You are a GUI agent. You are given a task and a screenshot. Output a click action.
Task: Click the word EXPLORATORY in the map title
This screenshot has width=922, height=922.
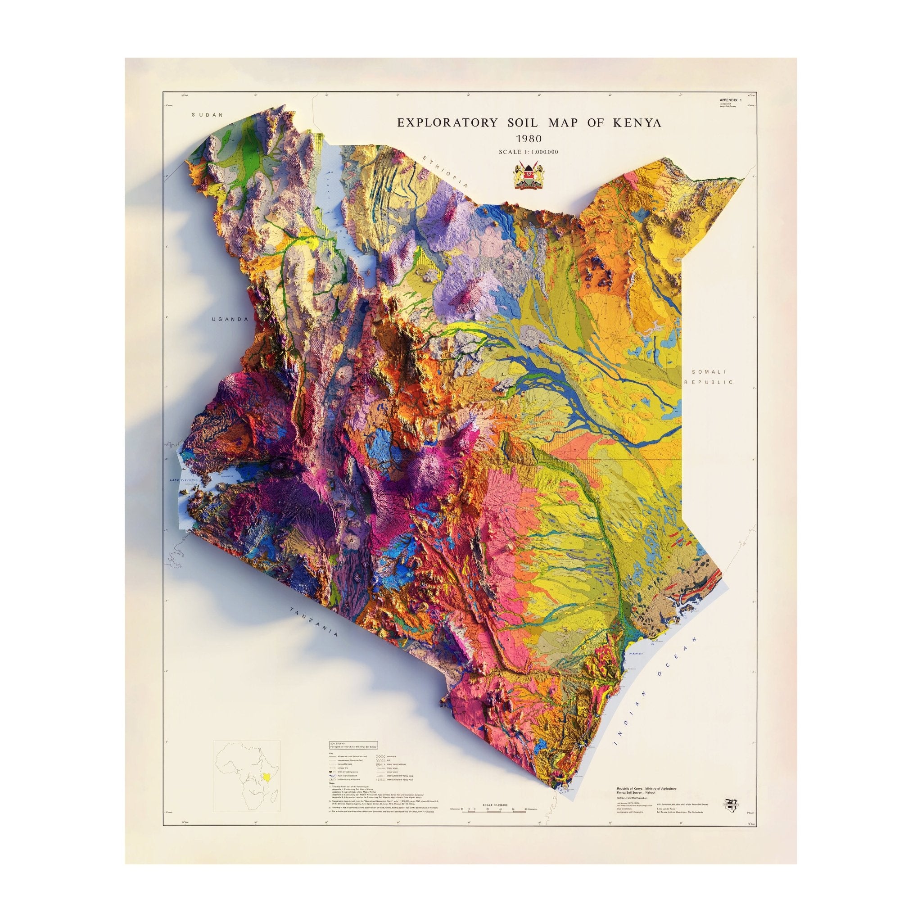pyautogui.click(x=447, y=122)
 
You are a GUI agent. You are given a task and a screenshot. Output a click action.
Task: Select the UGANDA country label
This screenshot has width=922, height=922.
pyautogui.click(x=230, y=319)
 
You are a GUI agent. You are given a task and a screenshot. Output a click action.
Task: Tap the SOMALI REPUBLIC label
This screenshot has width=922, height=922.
pyautogui.click(x=708, y=376)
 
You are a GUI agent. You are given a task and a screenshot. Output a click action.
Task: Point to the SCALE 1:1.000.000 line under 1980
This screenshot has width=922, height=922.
pyautogui.click(x=528, y=152)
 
